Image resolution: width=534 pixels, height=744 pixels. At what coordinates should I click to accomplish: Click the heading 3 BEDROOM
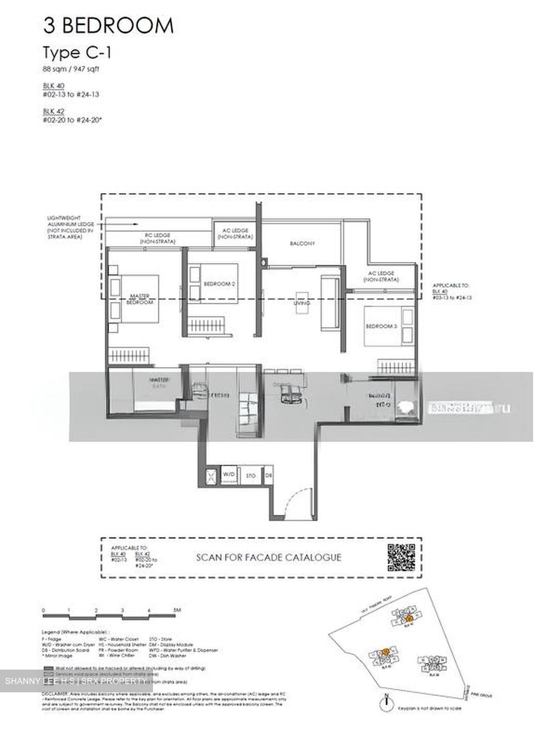[108, 25]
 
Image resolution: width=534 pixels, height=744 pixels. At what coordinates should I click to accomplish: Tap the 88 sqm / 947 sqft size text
[71, 69]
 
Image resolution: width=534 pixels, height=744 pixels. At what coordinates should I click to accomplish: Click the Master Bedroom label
[140, 299]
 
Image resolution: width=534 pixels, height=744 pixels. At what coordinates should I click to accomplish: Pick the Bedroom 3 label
[382, 326]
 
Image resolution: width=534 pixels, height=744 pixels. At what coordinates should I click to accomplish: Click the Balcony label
[302, 243]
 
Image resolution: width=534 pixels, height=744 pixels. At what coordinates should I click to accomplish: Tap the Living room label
[302, 303]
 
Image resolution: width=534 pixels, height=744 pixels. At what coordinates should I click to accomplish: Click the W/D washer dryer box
[228, 474]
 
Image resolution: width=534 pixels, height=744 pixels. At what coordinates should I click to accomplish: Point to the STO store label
[251, 475]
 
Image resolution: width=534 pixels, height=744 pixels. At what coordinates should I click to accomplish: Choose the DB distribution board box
[268, 475]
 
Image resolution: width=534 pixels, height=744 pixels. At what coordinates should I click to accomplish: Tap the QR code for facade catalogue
[401, 557]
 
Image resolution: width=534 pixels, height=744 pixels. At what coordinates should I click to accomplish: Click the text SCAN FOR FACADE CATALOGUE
[268, 557]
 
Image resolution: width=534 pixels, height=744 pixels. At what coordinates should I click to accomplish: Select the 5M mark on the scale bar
[177, 610]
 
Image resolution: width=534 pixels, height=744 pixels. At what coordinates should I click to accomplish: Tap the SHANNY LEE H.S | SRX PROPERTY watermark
[75, 681]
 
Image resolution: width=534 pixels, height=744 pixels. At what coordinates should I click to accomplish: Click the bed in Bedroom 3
[389, 326]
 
